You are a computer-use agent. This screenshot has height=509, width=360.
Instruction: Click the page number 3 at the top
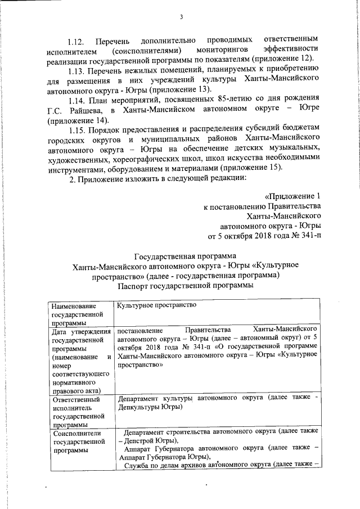(182, 17)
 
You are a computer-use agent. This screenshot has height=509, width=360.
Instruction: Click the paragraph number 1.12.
(76, 42)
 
